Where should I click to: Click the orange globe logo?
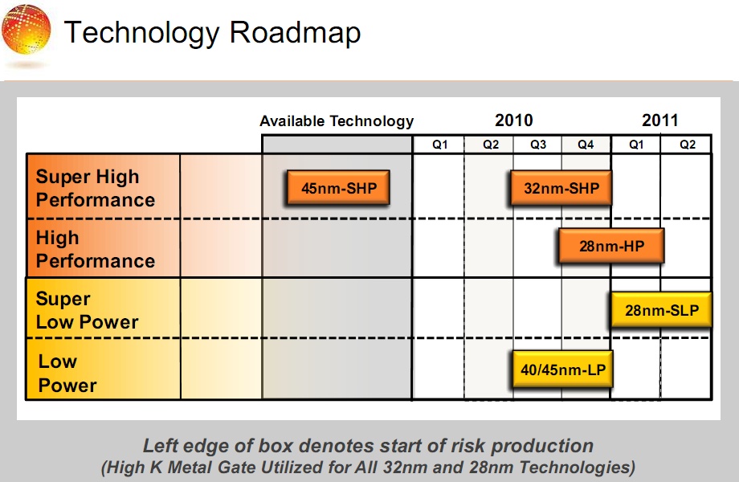tap(26, 29)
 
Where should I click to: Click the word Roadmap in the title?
tap(295, 33)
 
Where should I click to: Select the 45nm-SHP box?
tap(338, 187)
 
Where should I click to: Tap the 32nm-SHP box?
tap(561, 188)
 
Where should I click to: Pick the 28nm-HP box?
tap(611, 246)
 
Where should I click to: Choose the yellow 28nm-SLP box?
tap(661, 309)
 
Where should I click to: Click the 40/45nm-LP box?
tap(563, 369)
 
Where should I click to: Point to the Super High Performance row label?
tap(96, 188)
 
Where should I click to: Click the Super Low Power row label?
tap(88, 310)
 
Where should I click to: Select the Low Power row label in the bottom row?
tap(67, 374)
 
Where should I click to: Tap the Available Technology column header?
tap(337, 121)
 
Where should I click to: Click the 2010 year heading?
tap(514, 120)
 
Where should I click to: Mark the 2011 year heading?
tap(659, 120)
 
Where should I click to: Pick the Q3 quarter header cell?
tap(537, 145)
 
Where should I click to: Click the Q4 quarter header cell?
tap(586, 145)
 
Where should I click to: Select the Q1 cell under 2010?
tap(439, 145)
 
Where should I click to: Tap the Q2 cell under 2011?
tap(686, 145)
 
